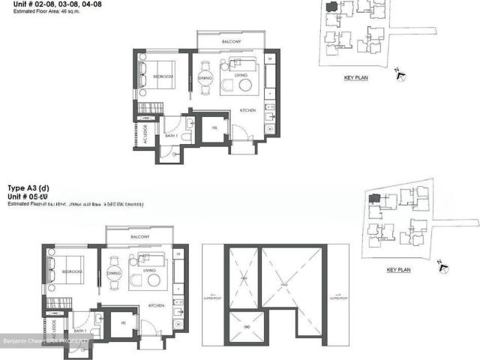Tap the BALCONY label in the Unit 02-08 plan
click(230, 43)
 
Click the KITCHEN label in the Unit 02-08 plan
click(248, 110)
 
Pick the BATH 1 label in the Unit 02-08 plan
click(172, 136)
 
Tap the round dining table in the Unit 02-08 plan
click(205, 78)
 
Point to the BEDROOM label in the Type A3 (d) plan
click(72, 271)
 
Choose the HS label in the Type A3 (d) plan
click(123, 322)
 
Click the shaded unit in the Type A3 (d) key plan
click(373, 197)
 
